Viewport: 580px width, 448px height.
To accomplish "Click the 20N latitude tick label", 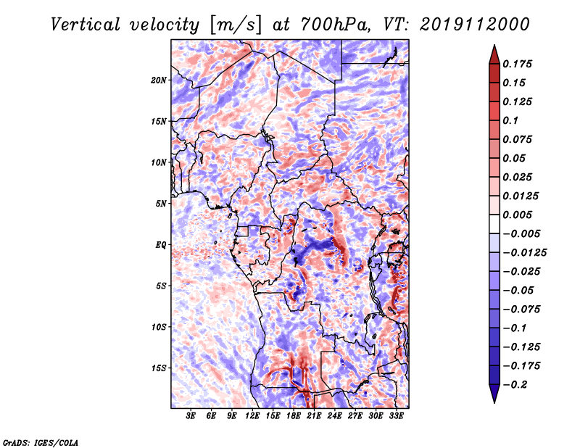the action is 159,80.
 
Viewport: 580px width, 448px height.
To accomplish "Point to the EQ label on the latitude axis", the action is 161,245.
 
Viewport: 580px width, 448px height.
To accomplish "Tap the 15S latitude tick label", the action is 159,368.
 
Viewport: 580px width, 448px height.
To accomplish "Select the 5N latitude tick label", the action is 161,204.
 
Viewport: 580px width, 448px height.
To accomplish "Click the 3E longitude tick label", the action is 191,416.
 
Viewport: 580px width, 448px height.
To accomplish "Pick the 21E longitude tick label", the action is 314,416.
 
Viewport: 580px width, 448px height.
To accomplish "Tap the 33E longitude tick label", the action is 396,416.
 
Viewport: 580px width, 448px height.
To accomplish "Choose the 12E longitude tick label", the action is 252,416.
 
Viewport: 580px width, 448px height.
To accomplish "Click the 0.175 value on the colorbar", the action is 517,64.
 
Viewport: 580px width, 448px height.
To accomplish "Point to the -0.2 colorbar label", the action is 514,385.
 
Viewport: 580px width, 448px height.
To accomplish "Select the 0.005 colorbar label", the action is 517,215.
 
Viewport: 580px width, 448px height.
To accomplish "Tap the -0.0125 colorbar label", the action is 524,253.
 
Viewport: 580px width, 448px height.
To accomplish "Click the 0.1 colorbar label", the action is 510,120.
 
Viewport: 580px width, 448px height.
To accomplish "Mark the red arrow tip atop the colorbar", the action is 494,45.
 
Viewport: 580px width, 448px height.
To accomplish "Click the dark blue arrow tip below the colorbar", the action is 494,402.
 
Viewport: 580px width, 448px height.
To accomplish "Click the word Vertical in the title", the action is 86,25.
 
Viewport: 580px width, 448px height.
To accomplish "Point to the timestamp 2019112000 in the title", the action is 475,25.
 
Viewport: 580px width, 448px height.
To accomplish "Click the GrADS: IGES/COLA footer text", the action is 41,442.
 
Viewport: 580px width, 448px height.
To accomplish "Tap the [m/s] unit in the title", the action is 236,25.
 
